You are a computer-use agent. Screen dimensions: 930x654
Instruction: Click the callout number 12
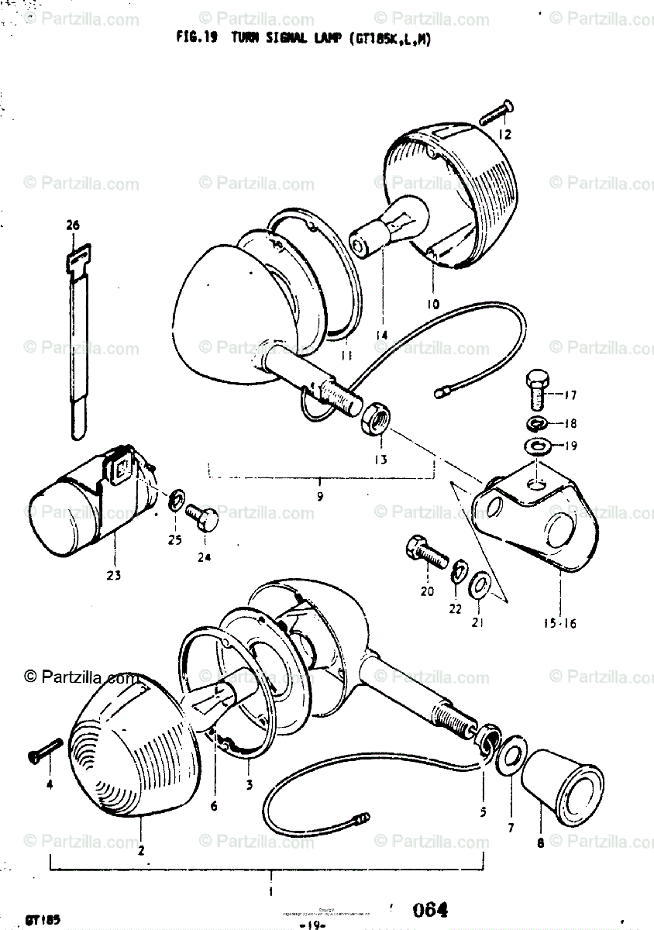click(504, 134)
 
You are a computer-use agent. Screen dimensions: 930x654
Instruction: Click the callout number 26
click(73, 226)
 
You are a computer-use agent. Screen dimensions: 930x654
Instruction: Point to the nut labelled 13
click(376, 417)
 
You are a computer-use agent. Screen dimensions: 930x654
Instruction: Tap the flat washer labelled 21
click(480, 581)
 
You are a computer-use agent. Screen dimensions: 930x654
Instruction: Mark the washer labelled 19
click(535, 446)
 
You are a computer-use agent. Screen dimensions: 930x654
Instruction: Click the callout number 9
click(320, 492)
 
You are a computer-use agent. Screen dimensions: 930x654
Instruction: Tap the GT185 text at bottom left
click(43, 920)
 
